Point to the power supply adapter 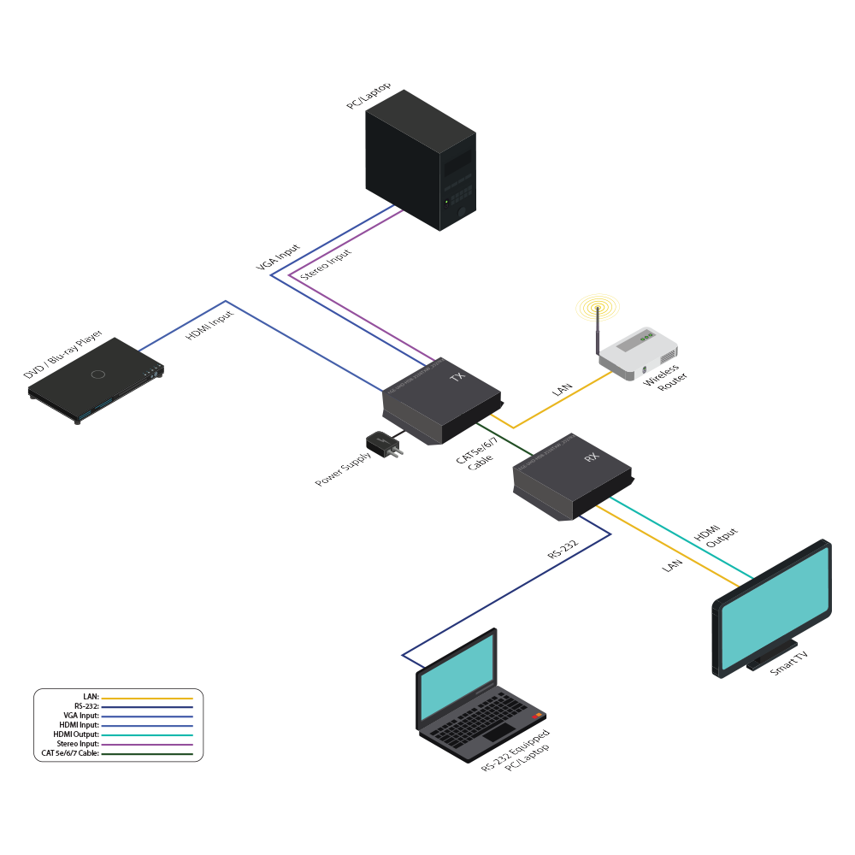pos(380,444)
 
